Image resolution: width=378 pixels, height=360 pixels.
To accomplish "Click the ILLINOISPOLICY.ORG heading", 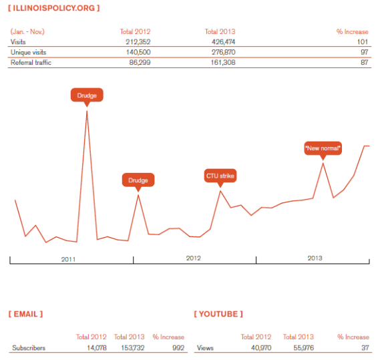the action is point(53,8).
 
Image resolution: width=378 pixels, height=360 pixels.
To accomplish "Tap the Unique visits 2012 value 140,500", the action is point(138,52).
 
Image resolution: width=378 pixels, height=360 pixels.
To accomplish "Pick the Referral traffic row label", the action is point(31,63).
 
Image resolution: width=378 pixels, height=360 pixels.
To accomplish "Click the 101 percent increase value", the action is point(363,41).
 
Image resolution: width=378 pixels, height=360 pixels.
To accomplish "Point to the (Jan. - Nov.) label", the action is point(27,31).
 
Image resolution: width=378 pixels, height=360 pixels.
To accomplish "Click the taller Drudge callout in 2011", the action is point(87,96).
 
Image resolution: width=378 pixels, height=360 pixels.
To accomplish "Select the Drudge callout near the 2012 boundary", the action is point(138,180).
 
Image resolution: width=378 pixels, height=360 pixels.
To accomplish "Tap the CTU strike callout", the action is point(220,176).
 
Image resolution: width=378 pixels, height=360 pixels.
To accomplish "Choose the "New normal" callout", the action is point(323,148).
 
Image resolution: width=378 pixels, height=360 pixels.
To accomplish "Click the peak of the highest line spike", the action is point(87,111).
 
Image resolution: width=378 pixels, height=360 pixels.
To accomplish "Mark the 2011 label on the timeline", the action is point(68,259).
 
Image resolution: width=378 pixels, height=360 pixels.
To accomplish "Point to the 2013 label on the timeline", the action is point(315,258).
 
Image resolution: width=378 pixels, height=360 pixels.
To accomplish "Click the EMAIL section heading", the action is point(25,314).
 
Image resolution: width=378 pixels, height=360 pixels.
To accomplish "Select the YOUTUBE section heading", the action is point(218,314).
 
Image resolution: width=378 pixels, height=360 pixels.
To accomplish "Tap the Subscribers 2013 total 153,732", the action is point(133,348).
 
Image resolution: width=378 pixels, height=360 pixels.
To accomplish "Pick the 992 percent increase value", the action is point(178,348).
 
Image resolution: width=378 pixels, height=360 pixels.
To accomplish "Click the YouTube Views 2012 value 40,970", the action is point(261,348).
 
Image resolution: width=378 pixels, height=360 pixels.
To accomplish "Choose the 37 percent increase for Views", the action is point(365,348).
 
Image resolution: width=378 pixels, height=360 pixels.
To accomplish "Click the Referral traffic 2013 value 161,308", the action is point(223,63).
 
